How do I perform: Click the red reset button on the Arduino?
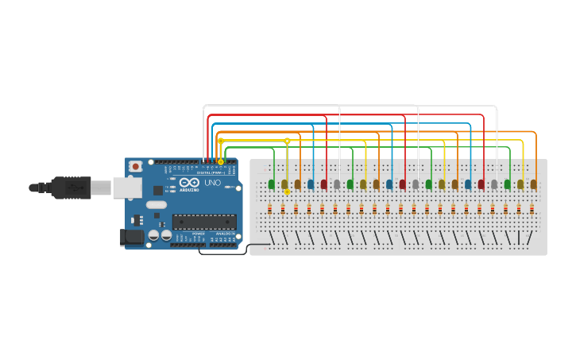pos(136,167)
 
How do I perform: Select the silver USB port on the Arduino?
pos(126,187)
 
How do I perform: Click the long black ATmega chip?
pos(204,222)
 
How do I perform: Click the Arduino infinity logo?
pos(188,183)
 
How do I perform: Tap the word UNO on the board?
pos(213,183)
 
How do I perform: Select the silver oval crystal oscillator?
pos(157,204)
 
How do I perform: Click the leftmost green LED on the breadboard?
pos(272,184)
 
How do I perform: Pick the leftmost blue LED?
pos(311,184)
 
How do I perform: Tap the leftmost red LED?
pos(323,184)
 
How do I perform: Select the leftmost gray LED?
pos(337,184)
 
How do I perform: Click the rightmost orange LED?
pos(534,184)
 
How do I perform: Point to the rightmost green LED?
pos(508,184)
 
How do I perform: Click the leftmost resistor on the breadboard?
pos(270,210)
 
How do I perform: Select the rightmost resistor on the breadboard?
pos(532,210)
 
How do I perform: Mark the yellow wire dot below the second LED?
pos(287,192)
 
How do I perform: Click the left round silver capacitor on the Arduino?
pos(153,235)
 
